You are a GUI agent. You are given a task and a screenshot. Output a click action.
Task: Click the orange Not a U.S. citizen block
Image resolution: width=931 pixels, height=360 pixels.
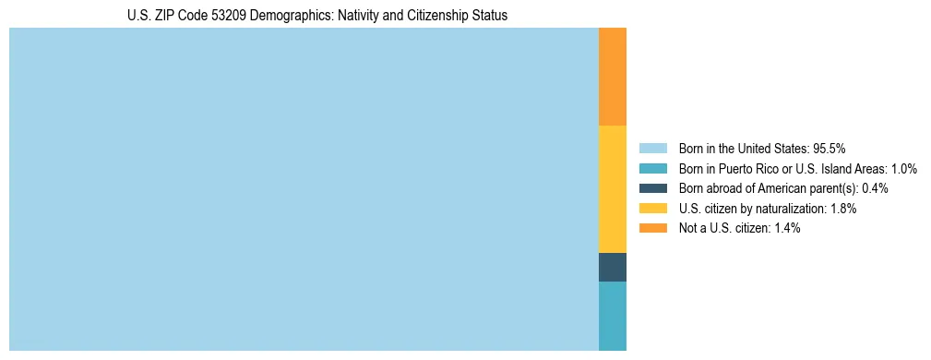(613, 77)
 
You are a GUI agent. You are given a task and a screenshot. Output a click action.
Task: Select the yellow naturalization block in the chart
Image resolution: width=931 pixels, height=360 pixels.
(613, 189)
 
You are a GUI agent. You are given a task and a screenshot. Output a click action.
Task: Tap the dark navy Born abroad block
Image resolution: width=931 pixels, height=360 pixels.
(613, 267)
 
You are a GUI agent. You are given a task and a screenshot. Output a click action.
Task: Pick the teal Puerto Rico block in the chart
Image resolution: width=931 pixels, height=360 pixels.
(613, 316)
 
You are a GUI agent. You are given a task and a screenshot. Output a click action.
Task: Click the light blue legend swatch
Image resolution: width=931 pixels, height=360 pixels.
(652, 148)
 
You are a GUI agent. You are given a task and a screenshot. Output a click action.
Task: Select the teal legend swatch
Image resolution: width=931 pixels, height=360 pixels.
(652, 168)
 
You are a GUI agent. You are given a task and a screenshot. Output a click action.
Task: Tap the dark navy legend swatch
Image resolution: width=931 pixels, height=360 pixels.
(652, 188)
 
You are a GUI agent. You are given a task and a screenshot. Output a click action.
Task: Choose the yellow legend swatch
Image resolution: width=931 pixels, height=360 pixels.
(652, 209)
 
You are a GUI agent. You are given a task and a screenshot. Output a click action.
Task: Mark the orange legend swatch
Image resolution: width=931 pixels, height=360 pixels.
(652, 228)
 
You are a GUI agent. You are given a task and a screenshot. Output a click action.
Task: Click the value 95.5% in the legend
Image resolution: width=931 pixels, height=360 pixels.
(830, 148)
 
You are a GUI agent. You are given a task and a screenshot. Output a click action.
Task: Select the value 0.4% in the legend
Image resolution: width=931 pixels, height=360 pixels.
(875, 188)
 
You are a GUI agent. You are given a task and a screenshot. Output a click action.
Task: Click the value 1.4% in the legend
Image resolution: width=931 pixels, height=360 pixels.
(785, 228)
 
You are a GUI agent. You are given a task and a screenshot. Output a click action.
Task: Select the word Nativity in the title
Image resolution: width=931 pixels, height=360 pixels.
(343, 16)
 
